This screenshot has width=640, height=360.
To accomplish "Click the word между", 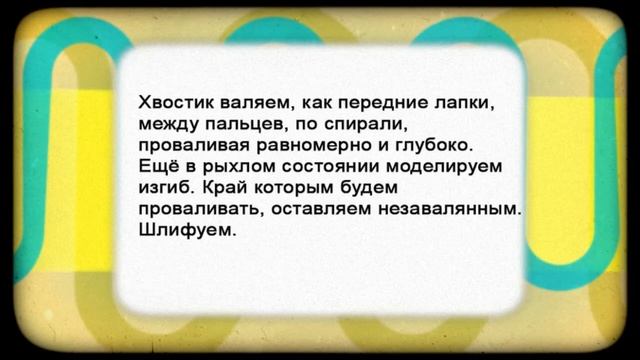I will point(167,124).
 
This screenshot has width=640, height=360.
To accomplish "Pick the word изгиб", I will point(162,187).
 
